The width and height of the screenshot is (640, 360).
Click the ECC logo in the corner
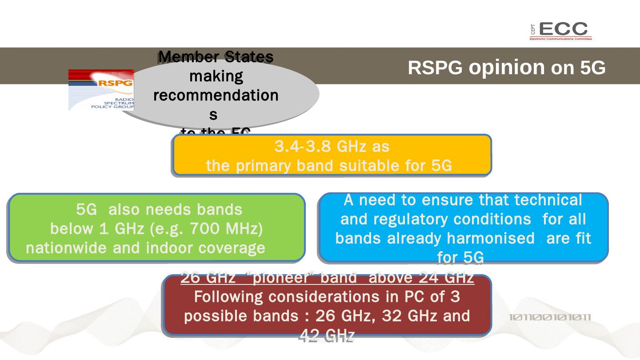(x=561, y=31)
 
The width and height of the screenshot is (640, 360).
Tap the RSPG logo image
(x=101, y=90)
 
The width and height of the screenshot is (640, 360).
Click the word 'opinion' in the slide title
(x=506, y=67)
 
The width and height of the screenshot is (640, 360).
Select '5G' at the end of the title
(x=593, y=68)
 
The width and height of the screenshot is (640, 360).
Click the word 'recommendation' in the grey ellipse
(x=216, y=96)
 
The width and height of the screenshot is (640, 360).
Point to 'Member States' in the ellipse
(x=216, y=57)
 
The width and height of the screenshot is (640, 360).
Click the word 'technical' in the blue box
(x=548, y=200)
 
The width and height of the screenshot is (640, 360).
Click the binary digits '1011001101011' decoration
(x=550, y=317)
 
